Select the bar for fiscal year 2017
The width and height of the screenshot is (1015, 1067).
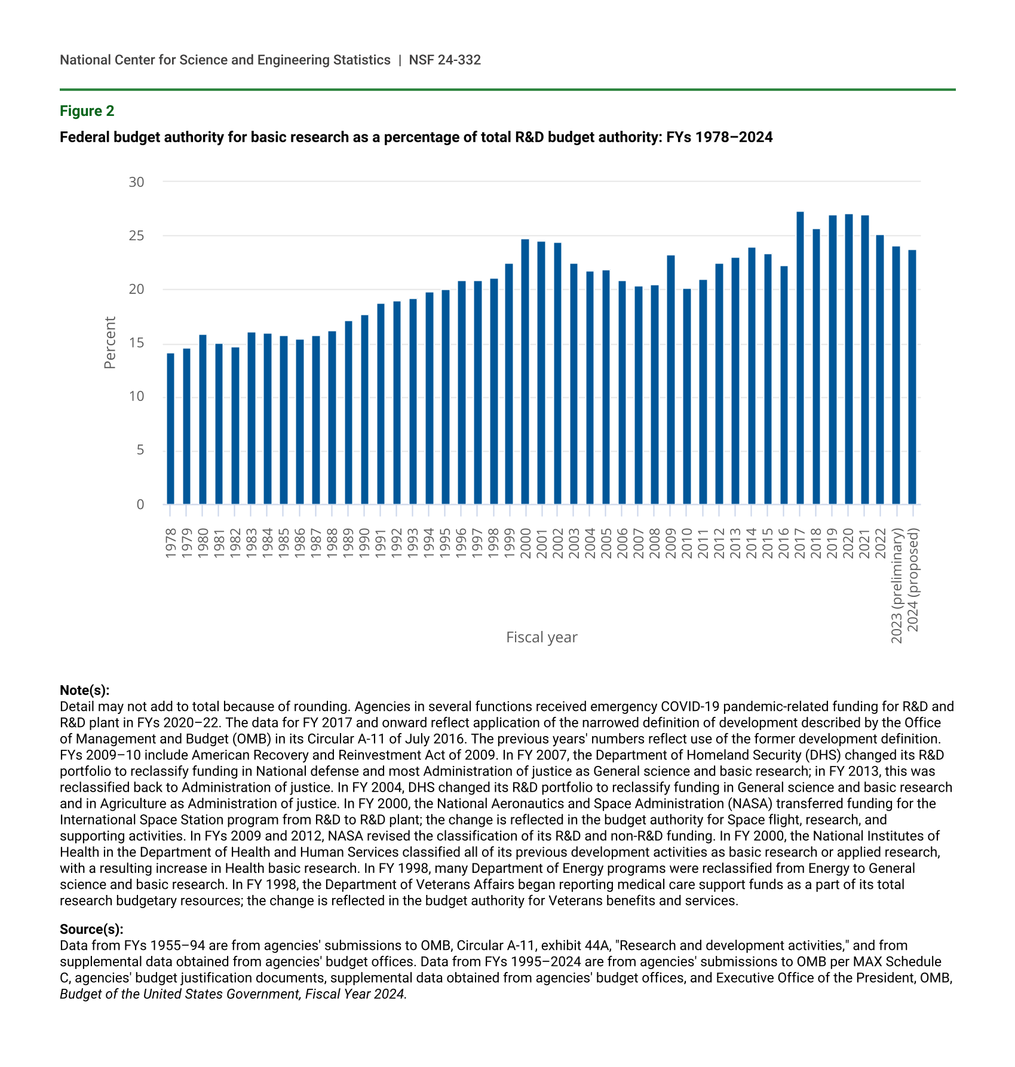pos(800,358)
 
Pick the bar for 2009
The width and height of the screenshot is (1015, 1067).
pos(671,380)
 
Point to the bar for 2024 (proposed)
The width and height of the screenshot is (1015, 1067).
pos(912,377)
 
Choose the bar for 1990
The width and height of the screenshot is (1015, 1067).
pos(364,410)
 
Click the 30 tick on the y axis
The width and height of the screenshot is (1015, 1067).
pos(137,182)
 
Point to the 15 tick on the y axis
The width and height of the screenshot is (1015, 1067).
pos(137,344)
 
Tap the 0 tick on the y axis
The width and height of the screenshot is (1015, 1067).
pos(140,505)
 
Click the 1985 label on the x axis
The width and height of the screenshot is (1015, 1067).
pos(284,543)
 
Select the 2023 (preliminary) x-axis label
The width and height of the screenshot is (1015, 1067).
pos(897,585)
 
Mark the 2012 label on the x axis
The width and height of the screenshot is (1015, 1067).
pos(719,543)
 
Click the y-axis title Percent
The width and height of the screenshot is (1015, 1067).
pos(110,343)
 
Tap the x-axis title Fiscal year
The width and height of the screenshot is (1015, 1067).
pos(542,637)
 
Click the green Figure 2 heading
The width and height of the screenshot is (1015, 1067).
pos(87,111)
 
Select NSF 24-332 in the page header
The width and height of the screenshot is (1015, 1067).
pos(444,60)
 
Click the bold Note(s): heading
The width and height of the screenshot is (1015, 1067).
pos(85,691)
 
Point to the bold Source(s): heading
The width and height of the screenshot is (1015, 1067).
pos(91,930)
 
